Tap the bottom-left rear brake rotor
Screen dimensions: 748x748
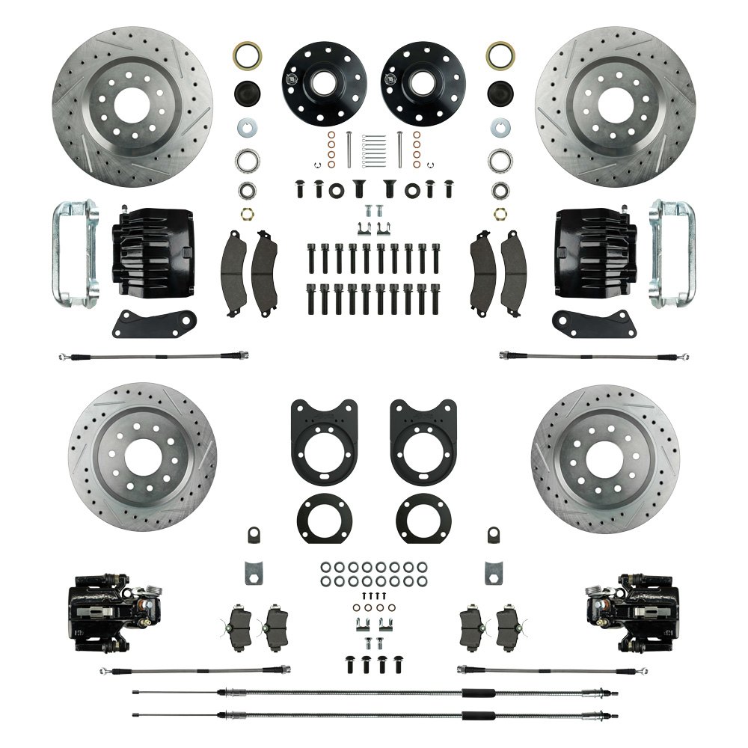click(142, 458)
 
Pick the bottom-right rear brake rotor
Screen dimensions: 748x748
click(606, 458)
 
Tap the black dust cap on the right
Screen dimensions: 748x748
click(500, 94)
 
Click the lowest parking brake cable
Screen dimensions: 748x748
click(374, 713)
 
